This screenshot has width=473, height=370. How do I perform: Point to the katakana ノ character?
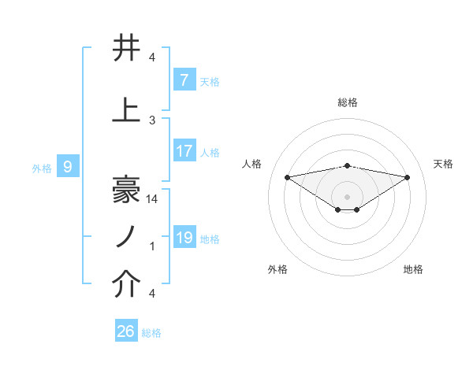pyautogui.click(x=126, y=235)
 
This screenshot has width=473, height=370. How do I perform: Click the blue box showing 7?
pyautogui.click(x=184, y=80)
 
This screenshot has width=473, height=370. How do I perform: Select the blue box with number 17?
pyautogui.click(x=184, y=151)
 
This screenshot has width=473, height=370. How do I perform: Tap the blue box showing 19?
pyautogui.click(x=184, y=238)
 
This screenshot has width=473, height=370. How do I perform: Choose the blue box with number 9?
pyautogui.click(x=68, y=167)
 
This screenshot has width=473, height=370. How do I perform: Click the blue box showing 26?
pyautogui.click(x=126, y=331)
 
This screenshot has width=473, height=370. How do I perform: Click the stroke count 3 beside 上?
pyautogui.click(x=152, y=120)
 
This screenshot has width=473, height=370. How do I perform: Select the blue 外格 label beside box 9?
pyautogui.click(x=42, y=168)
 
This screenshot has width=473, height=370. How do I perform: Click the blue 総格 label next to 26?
pyautogui.click(x=151, y=333)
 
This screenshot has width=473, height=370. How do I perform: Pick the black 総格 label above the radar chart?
pyautogui.click(x=347, y=102)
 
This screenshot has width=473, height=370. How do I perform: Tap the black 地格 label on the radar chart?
pyautogui.click(x=413, y=269)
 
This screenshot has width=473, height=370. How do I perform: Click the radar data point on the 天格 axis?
pyautogui.click(x=408, y=177)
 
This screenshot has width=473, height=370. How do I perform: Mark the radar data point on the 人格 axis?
pyautogui.click(x=287, y=176)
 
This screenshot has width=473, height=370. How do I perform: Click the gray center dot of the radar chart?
pyautogui.click(x=347, y=196)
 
